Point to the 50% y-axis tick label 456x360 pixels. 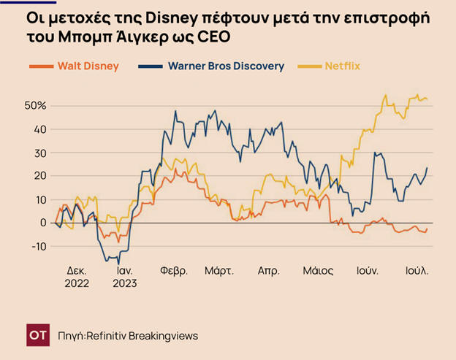pyautogui.click(x=35, y=106)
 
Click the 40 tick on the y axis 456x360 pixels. pyautogui.click(x=39, y=129)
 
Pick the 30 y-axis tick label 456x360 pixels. pyautogui.click(x=39, y=153)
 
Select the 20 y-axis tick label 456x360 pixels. pyautogui.click(x=39, y=176)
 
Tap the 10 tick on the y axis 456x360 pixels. pyautogui.click(x=39, y=199)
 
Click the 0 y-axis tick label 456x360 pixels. pyautogui.click(x=42, y=223)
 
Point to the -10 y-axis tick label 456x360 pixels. pyautogui.click(x=37, y=246)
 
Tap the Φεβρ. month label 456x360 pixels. pyautogui.click(x=174, y=271)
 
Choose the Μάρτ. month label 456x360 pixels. pyautogui.click(x=219, y=271)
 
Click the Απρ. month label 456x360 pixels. pyautogui.click(x=269, y=271)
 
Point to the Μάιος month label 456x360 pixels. pyautogui.click(x=318, y=271)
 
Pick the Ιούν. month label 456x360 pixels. pyautogui.click(x=366, y=271)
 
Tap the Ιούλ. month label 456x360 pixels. pyautogui.click(x=417, y=271)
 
